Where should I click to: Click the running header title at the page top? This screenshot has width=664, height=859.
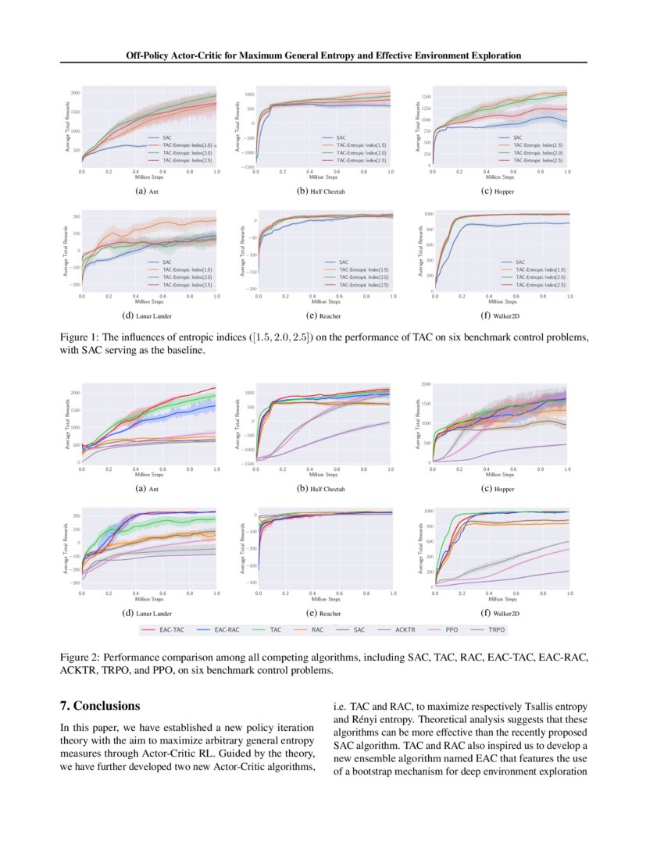tap(323, 55)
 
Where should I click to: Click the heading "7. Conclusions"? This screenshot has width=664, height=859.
tap(100, 706)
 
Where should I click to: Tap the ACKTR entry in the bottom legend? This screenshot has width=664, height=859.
tap(405, 629)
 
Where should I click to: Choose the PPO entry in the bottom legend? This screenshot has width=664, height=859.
tap(452, 629)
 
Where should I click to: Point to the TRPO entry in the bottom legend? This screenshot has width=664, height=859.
tap(497, 629)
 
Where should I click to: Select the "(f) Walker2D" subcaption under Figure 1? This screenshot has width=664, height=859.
tap(501, 316)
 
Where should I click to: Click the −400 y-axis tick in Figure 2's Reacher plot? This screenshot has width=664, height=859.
tap(252, 583)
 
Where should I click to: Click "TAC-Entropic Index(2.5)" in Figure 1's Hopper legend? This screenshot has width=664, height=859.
tap(540, 159)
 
